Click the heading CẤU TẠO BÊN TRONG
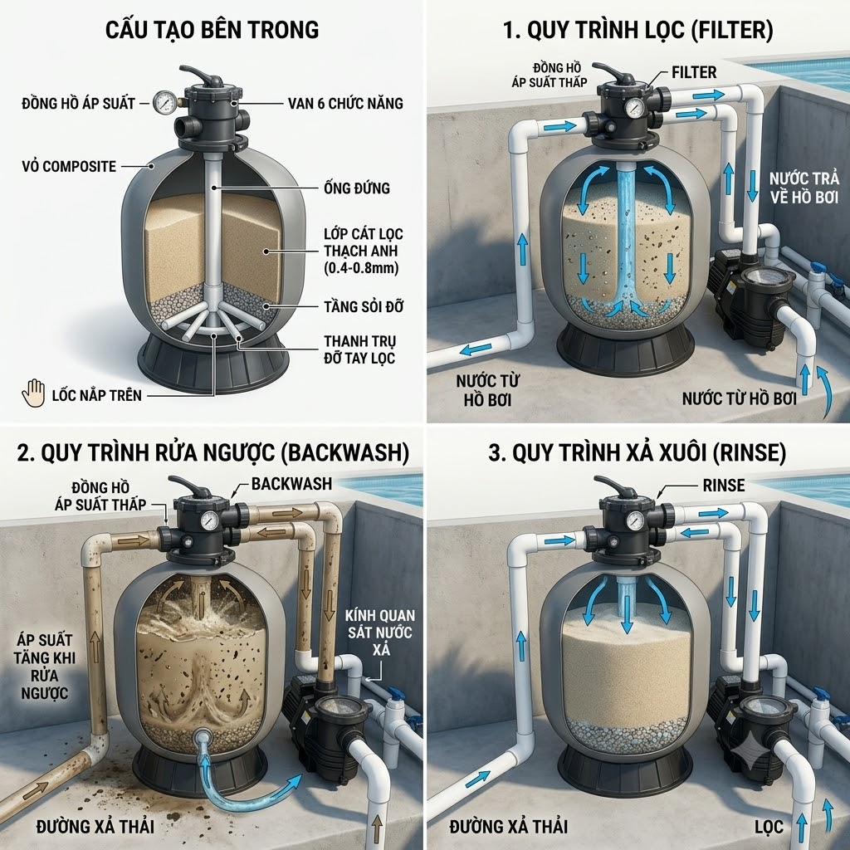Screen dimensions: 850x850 click(x=212, y=30)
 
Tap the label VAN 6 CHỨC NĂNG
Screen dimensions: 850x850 click(x=345, y=103)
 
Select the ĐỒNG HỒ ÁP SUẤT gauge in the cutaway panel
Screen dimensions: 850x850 click(x=164, y=102)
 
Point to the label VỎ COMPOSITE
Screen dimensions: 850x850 click(x=69, y=166)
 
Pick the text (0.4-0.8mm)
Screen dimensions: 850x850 click(x=361, y=268)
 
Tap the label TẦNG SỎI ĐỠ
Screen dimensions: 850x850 click(x=364, y=306)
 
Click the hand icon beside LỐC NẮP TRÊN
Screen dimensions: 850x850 click(x=33, y=393)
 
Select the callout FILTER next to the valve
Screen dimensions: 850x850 click(x=694, y=72)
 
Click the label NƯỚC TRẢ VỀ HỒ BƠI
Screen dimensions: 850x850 click(x=804, y=188)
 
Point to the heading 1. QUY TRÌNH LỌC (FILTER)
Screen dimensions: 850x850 click(x=638, y=30)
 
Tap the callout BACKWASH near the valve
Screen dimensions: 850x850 click(x=291, y=484)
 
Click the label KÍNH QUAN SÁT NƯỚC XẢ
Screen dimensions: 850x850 click(x=381, y=632)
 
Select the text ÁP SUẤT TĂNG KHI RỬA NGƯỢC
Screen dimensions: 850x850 click(x=44, y=667)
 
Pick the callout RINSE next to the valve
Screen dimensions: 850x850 click(x=724, y=485)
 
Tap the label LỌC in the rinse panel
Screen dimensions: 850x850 click(x=769, y=827)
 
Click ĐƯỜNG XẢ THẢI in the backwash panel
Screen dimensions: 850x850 click(x=95, y=827)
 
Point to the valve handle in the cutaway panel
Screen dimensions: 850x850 click(x=200, y=76)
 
